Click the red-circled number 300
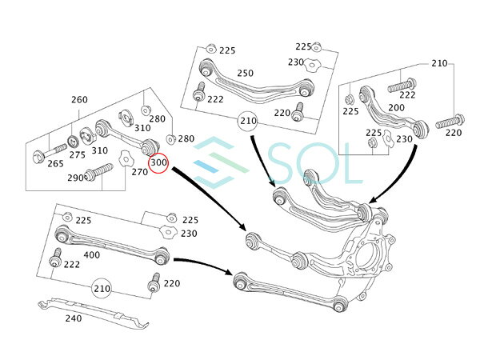(x=158, y=162)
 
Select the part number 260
(x=79, y=99)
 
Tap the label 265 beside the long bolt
(x=55, y=163)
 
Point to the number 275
(x=77, y=154)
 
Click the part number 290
(x=75, y=178)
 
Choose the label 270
(x=139, y=172)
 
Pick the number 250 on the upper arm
(x=246, y=73)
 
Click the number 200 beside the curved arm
(x=397, y=107)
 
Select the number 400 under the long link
(x=91, y=254)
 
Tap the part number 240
(x=74, y=318)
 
